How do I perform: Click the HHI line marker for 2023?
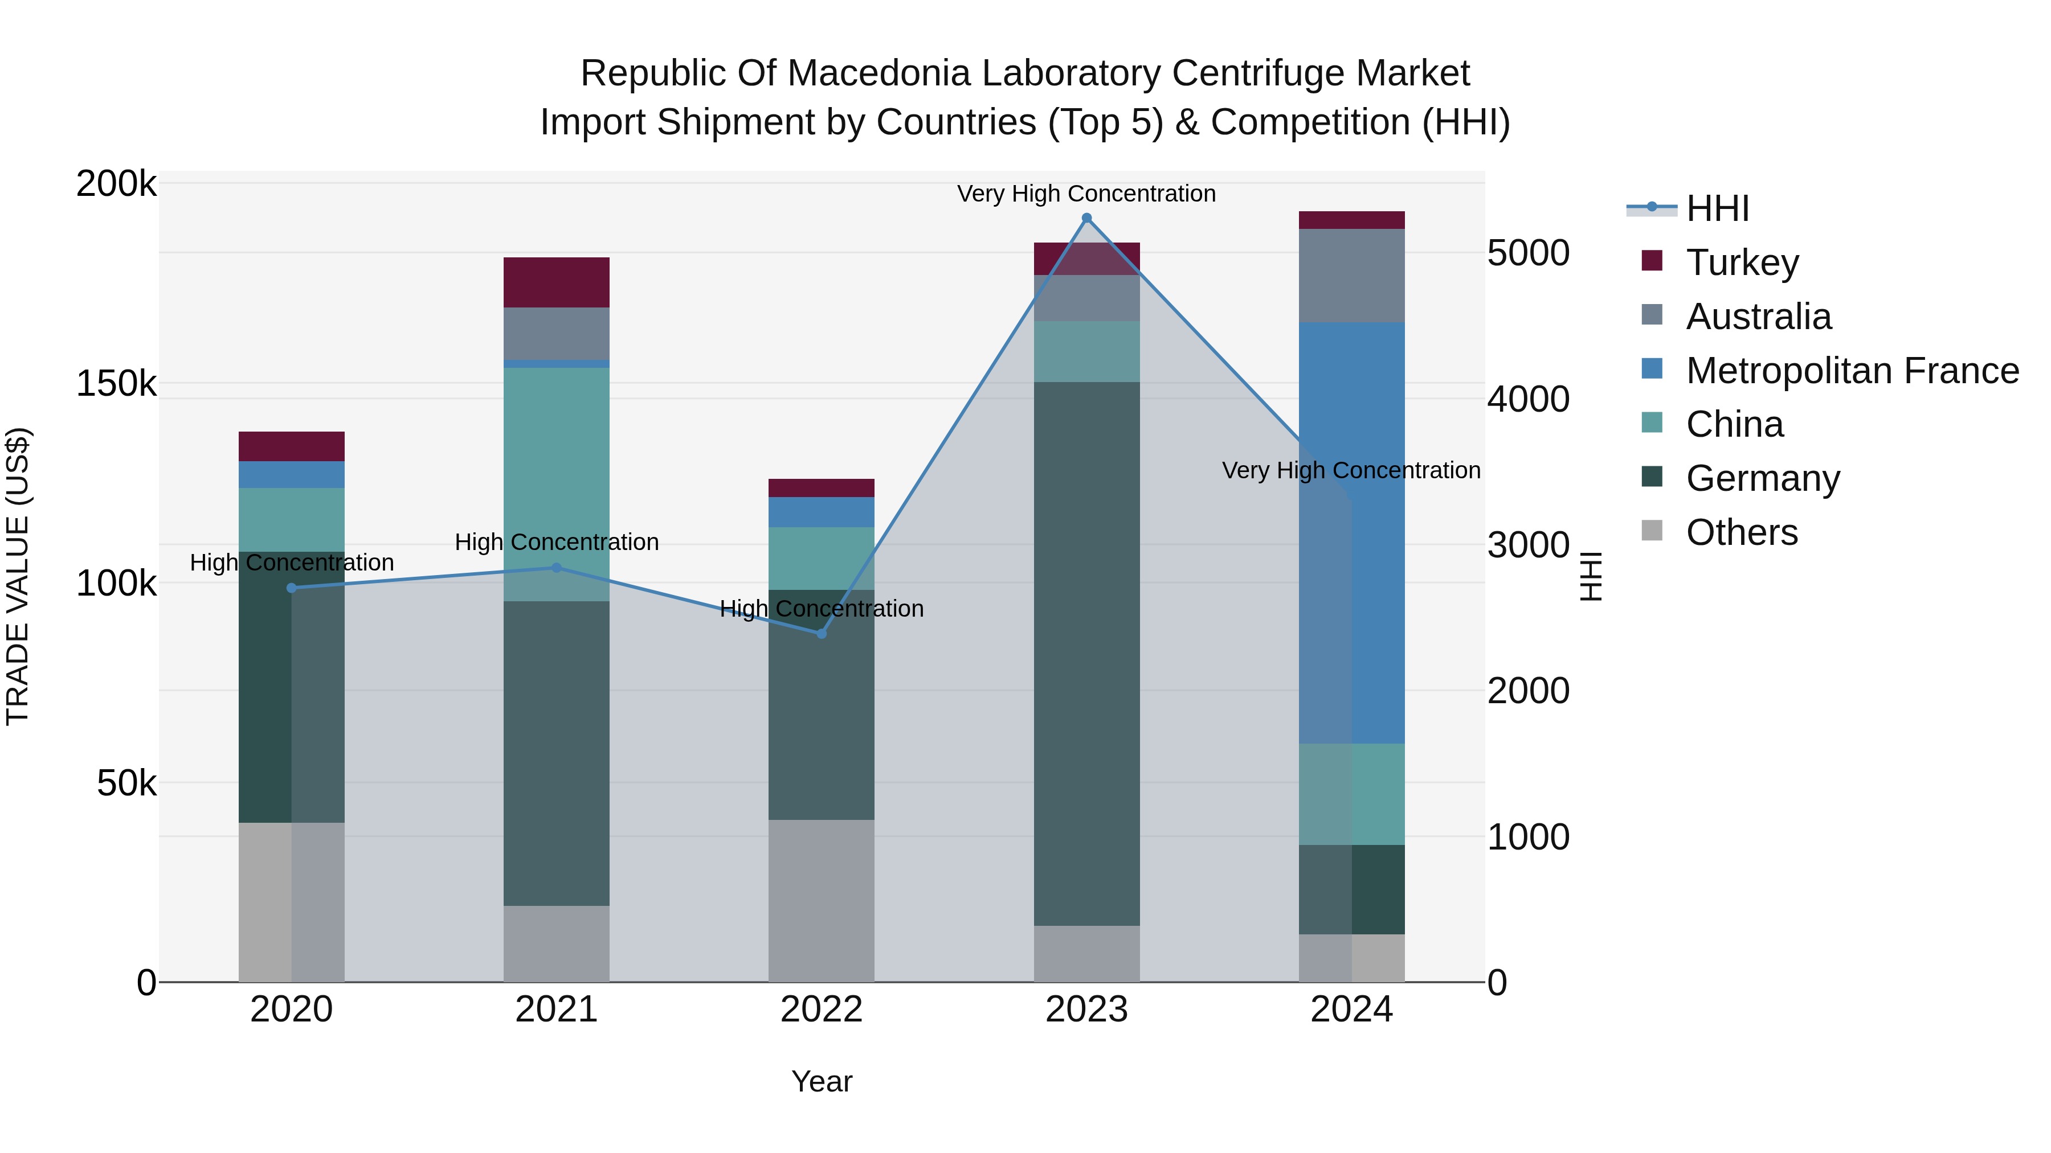[x=1087, y=218]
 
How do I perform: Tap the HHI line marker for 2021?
[x=557, y=567]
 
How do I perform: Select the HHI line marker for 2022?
[x=822, y=633]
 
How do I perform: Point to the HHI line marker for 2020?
[x=291, y=588]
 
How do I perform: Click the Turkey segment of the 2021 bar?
[x=557, y=282]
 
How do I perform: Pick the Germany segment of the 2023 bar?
[x=1087, y=653]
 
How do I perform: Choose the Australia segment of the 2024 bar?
[x=1352, y=276]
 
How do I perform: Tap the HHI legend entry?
[x=1717, y=208]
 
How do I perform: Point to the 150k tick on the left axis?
[x=116, y=384]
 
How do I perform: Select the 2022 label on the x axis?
[x=822, y=1010]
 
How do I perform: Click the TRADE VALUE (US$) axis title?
[x=18, y=576]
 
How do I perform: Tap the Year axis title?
[x=822, y=1081]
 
